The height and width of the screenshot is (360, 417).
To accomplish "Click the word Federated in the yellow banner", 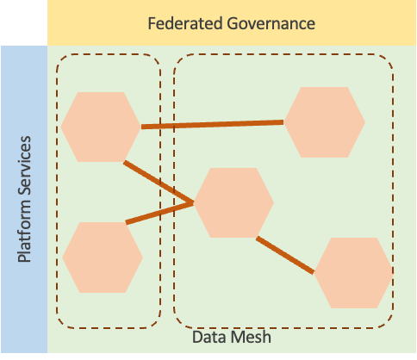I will (x=184, y=23).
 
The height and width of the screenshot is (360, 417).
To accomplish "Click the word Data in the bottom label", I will (x=208, y=338).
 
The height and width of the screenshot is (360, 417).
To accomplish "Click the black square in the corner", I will (x=23, y=22).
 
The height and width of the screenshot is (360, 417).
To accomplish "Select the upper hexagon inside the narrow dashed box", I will (x=101, y=127).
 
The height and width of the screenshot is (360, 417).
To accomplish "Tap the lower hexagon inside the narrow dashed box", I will (x=103, y=258).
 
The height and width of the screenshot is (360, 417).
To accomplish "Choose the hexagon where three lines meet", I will (x=233, y=203).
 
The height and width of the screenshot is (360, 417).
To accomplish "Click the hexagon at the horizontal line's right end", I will (x=324, y=122).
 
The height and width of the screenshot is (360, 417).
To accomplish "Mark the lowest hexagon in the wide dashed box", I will (x=353, y=273).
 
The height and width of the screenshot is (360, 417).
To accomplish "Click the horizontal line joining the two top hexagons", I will (x=212, y=125).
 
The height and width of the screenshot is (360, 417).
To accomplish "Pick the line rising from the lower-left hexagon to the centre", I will (x=159, y=213).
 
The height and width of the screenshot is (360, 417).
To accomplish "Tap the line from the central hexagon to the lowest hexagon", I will (x=285, y=255).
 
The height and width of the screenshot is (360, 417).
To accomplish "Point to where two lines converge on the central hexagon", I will (x=194, y=203).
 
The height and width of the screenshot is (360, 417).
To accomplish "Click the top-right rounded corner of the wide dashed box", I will (x=387, y=63).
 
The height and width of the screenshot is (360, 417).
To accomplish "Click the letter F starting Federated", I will (x=152, y=23).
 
